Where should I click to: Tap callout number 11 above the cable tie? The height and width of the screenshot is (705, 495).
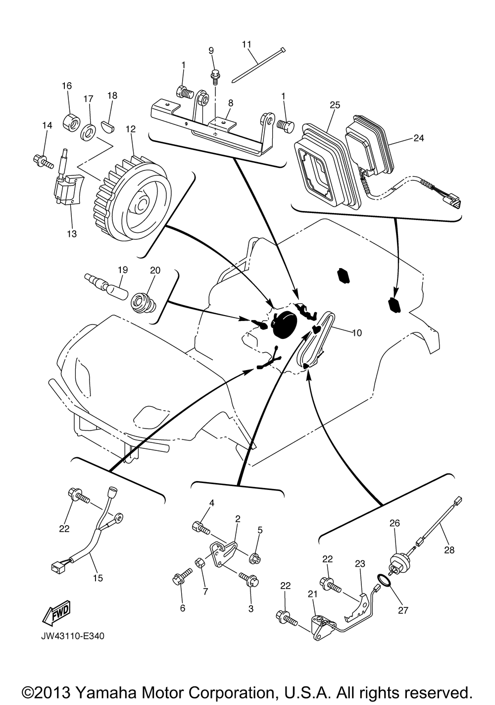point(247,45)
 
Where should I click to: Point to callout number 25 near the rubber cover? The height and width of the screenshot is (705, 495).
point(335,105)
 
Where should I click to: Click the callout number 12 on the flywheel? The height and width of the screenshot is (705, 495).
point(131,129)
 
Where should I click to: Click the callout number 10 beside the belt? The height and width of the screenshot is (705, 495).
point(356,332)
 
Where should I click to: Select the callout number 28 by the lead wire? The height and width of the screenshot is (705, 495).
point(449,550)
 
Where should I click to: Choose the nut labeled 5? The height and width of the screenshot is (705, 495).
point(255,559)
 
